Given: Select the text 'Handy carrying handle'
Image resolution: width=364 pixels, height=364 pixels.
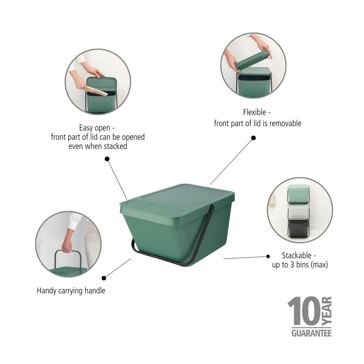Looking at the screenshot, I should click(x=71, y=291).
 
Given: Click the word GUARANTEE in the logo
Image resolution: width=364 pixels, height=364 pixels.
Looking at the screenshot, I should click(x=311, y=333).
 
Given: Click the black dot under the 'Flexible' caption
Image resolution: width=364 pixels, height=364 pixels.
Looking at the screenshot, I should click(x=253, y=138).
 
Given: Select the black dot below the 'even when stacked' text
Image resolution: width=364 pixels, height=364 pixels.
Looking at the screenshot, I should click(x=107, y=159).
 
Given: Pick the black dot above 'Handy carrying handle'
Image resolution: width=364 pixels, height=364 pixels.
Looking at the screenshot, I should click(x=104, y=278).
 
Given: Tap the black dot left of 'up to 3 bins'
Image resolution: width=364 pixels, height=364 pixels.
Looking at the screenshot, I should click(x=268, y=256).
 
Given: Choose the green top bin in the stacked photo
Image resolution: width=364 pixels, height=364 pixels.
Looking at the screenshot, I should click(x=298, y=193).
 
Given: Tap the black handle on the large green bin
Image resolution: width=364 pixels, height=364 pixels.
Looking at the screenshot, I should click(x=190, y=253).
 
